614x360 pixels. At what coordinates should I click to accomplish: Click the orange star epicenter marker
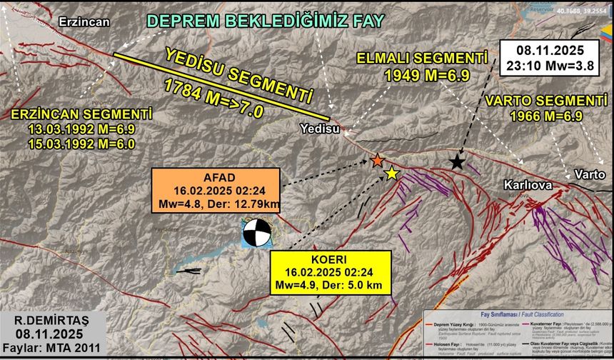[378, 161]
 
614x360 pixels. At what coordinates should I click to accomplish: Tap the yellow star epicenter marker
[391, 173]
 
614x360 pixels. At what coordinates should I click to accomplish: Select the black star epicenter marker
[456, 162]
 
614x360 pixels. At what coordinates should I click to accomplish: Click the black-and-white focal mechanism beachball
[256, 232]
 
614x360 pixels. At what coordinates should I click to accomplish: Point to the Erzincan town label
[84, 21]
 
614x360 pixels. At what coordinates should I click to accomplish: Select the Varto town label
[590, 174]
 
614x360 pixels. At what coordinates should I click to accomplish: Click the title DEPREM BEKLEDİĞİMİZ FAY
[265, 21]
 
